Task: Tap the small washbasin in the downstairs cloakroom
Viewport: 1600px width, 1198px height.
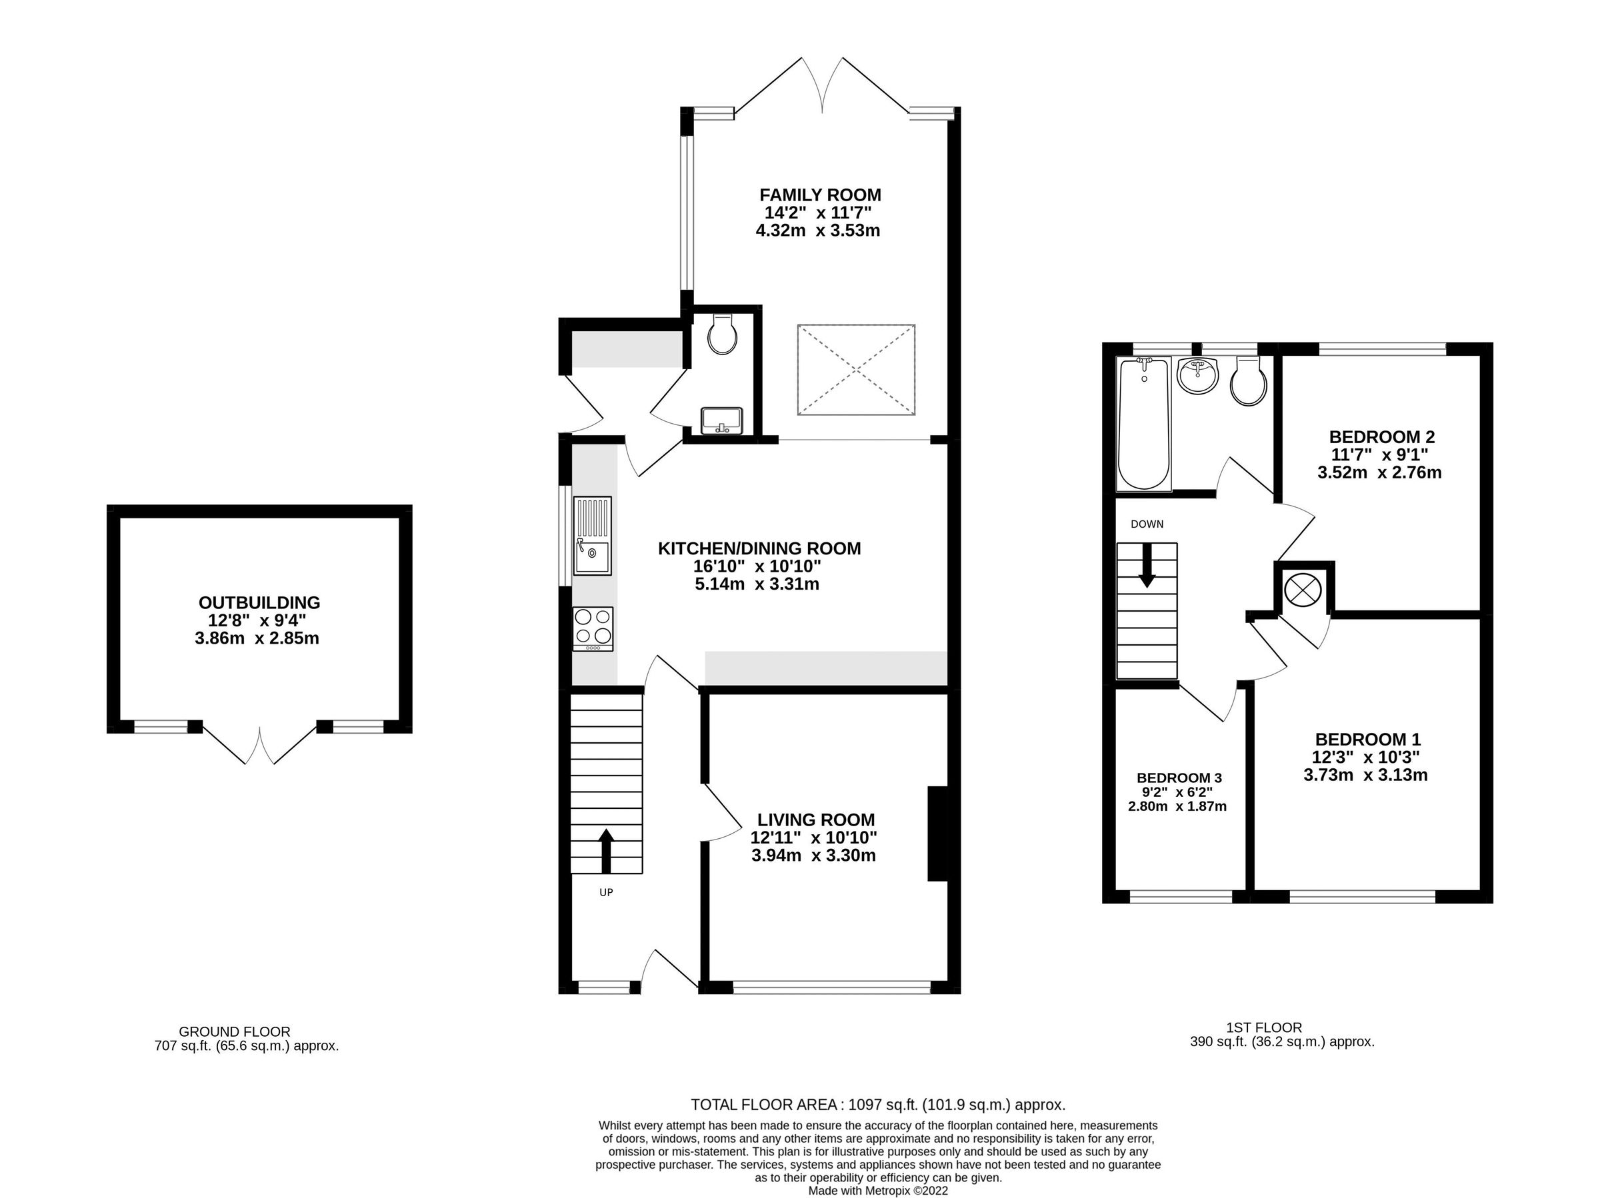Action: click(721, 420)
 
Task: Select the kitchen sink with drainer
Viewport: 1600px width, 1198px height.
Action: click(592, 536)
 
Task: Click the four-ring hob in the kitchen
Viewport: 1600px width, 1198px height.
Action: click(593, 628)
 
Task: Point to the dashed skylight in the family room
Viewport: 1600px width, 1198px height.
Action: click(856, 369)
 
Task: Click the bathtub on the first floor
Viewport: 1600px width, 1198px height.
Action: click(1143, 423)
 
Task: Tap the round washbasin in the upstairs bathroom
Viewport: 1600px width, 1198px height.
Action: click(1198, 376)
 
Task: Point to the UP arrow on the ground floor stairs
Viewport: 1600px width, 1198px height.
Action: click(605, 851)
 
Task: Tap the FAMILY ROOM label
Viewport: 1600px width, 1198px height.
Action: click(819, 195)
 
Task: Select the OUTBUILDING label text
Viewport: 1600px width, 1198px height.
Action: click(259, 602)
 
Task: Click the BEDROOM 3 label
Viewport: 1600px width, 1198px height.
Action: click(1179, 777)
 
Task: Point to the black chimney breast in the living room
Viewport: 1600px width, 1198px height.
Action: click(937, 833)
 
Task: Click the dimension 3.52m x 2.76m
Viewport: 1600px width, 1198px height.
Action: click(1379, 473)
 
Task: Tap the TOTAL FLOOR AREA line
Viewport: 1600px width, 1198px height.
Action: click(877, 1105)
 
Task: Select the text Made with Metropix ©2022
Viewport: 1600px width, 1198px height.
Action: click(877, 1191)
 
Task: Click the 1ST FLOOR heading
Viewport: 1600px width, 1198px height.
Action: click(1263, 1027)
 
